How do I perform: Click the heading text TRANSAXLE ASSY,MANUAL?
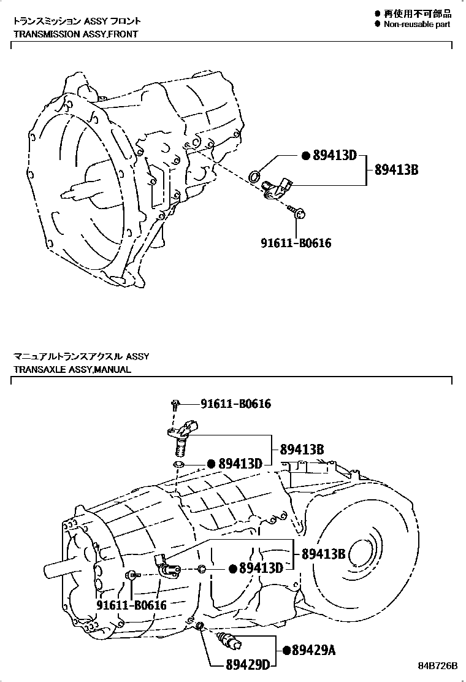pos(72,370)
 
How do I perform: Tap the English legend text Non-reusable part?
pos(416,24)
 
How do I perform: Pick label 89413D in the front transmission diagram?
pos(334,156)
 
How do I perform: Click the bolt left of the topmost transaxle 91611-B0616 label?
pos(176,404)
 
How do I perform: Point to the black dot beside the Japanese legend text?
pos(378,13)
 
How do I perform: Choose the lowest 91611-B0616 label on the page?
pos(131,605)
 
